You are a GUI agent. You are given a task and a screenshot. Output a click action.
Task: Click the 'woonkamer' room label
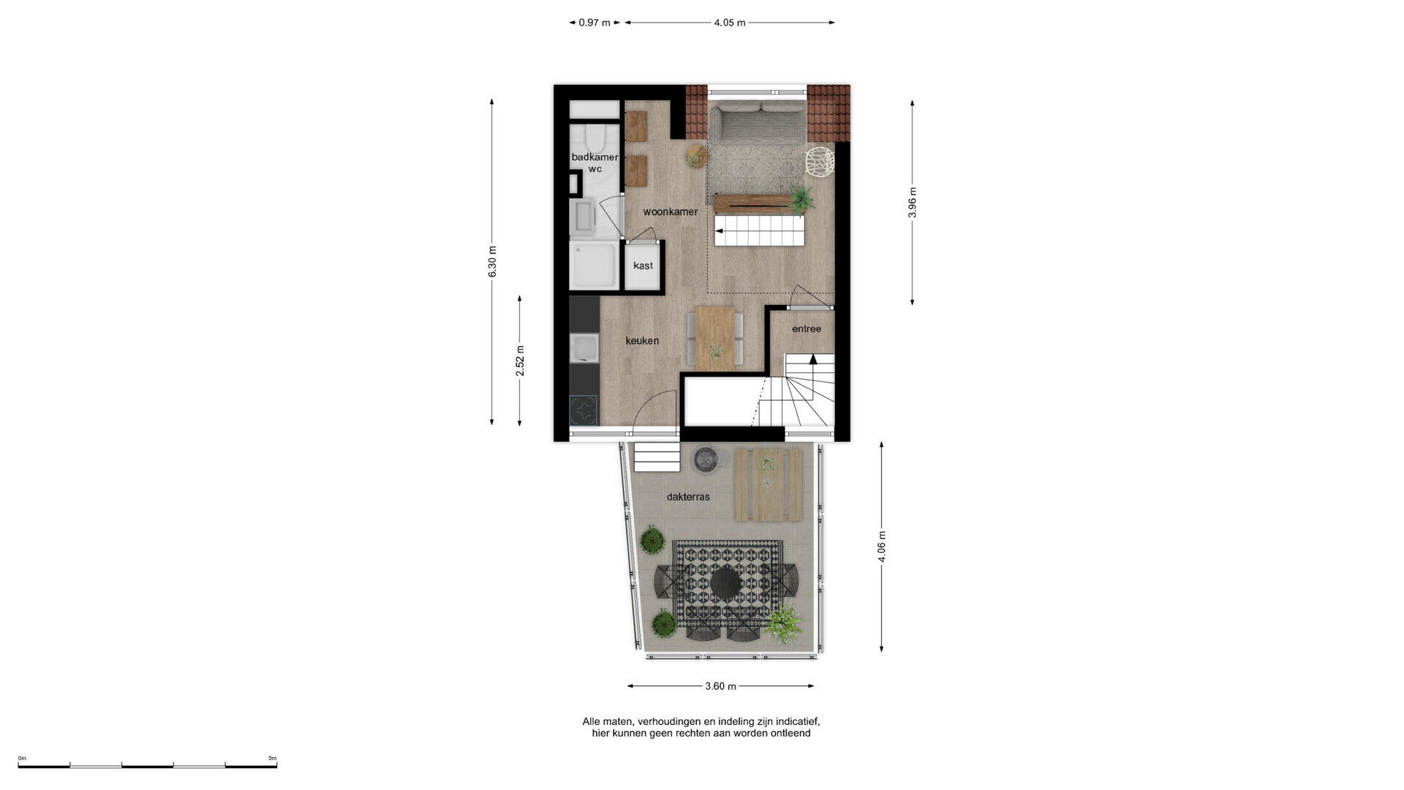(x=670, y=212)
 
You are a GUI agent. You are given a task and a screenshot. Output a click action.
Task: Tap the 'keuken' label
(x=642, y=341)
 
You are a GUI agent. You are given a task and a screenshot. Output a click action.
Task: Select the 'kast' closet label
(x=643, y=266)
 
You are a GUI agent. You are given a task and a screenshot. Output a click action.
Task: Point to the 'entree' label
(x=807, y=329)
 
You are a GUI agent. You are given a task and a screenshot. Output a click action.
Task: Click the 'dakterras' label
(x=688, y=497)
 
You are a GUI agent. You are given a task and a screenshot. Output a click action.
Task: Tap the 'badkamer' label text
(x=595, y=157)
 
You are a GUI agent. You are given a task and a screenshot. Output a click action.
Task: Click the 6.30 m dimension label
(x=492, y=261)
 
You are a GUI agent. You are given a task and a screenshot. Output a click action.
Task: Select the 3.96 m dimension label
(x=912, y=203)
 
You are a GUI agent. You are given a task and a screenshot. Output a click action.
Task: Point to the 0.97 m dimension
(x=595, y=23)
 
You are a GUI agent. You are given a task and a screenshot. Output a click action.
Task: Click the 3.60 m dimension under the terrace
(x=720, y=686)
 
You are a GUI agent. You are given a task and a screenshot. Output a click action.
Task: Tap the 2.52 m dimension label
(x=520, y=361)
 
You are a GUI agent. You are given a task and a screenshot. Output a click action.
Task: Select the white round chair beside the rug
(x=818, y=162)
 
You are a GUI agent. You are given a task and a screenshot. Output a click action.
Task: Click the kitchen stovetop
(x=584, y=410)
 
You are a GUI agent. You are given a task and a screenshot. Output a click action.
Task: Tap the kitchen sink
(x=584, y=347)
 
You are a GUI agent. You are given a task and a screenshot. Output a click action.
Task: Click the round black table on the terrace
(x=725, y=583)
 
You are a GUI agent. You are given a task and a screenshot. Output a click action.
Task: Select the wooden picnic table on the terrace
(x=769, y=485)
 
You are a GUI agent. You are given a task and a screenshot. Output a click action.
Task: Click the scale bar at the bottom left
(x=148, y=766)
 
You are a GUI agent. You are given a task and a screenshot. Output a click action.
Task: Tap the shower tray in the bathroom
(x=594, y=266)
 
